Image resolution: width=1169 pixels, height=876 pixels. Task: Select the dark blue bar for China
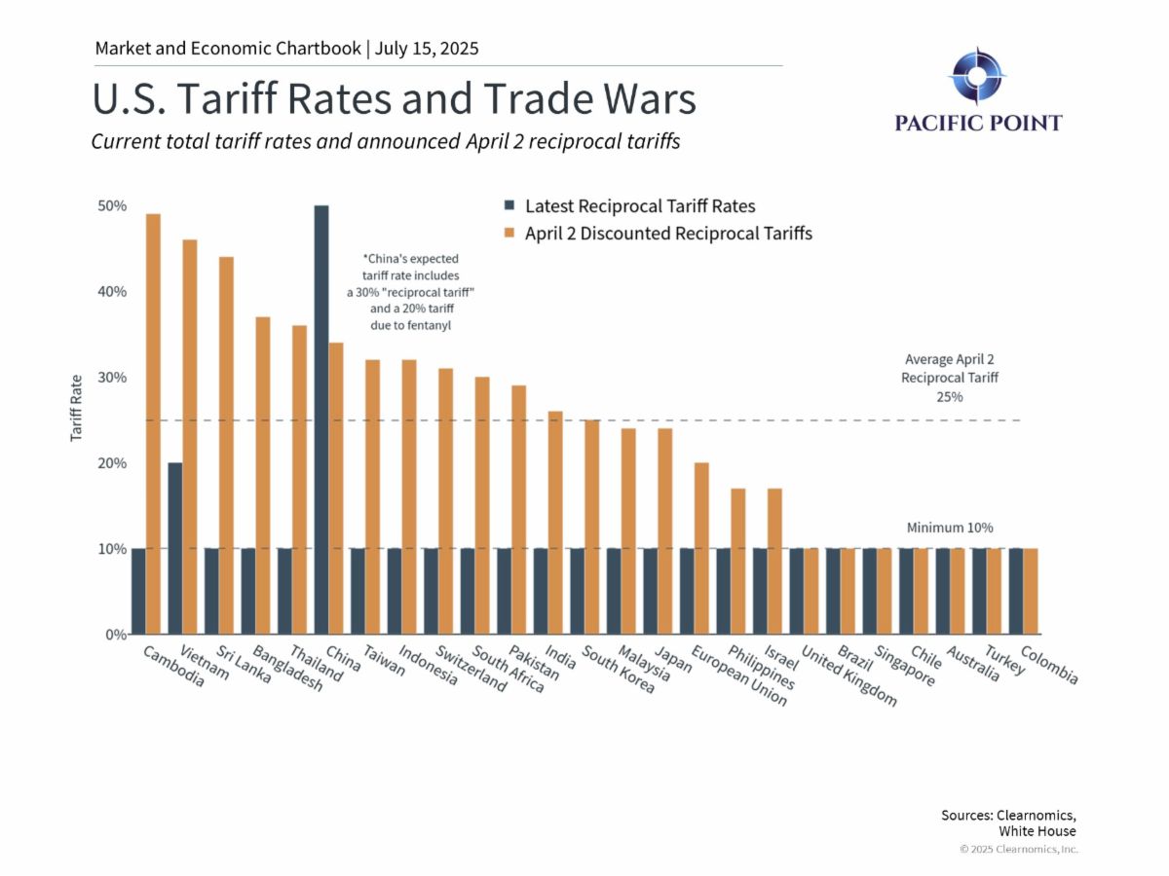[321, 420]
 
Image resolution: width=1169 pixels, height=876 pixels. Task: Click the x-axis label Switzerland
[471, 669]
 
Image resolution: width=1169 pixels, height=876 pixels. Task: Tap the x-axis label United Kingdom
[848, 678]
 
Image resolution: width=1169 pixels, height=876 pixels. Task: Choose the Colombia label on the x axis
[1049, 665]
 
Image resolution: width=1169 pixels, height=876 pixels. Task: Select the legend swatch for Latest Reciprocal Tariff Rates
[508, 206]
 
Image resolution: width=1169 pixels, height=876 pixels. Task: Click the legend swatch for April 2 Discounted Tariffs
[508, 234]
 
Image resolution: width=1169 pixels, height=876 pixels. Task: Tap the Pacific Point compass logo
[977, 75]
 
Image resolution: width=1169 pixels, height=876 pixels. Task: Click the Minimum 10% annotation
[950, 528]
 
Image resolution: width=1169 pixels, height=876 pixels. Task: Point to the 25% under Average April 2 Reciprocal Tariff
[950, 397]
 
